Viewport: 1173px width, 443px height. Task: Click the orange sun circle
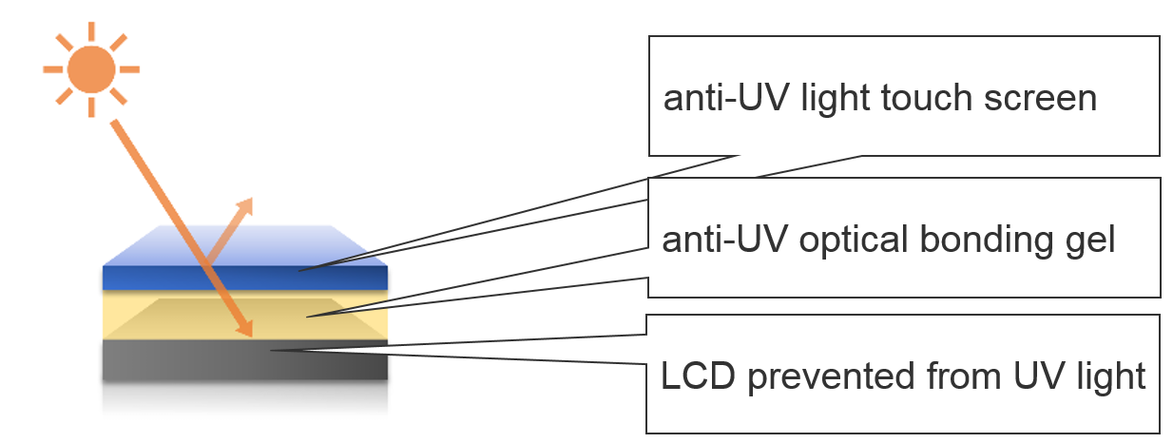(x=92, y=69)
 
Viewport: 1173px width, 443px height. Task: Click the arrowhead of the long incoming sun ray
(x=247, y=329)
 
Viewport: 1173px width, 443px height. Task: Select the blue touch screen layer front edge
(x=244, y=278)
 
